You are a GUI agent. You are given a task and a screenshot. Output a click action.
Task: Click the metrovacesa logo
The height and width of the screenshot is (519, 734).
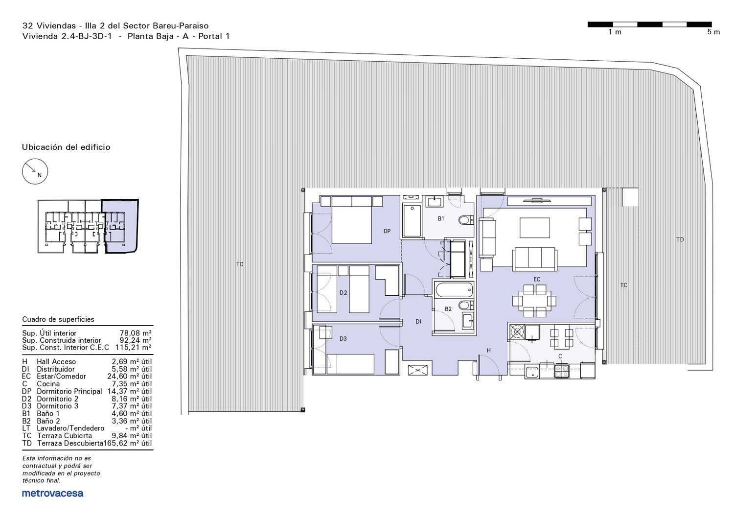[52, 493]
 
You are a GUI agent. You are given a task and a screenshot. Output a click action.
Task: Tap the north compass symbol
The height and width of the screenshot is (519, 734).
[35, 171]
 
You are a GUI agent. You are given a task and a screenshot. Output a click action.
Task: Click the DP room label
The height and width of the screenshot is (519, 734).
[387, 231]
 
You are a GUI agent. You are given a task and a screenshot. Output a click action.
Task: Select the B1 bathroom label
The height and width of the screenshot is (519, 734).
[441, 219]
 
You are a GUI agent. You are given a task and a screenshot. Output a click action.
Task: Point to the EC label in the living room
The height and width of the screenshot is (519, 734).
[537, 280]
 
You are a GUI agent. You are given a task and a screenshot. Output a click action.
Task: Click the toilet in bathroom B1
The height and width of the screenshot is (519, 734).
[466, 220]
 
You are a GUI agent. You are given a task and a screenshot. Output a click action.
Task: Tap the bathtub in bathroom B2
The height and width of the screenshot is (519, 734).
[454, 289]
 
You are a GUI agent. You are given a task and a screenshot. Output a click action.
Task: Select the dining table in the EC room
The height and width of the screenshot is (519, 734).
[534, 301]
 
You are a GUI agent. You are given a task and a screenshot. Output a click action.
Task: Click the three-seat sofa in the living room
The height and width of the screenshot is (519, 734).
[535, 259]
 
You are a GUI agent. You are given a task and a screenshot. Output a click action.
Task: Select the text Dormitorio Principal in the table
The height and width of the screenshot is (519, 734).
[69, 392]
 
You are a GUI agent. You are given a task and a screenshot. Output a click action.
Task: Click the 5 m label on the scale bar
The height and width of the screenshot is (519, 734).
[713, 32]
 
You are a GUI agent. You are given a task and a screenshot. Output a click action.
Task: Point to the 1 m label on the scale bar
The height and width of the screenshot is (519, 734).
[615, 32]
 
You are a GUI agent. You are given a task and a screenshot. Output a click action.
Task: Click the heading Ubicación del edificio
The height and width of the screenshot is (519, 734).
[66, 147]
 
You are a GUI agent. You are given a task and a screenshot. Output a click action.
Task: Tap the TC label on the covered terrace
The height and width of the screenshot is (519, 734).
[623, 285]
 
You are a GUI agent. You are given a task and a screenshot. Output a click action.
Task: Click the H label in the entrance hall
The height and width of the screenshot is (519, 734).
[488, 351]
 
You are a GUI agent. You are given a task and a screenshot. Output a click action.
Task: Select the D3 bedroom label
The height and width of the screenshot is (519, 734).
[343, 339]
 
